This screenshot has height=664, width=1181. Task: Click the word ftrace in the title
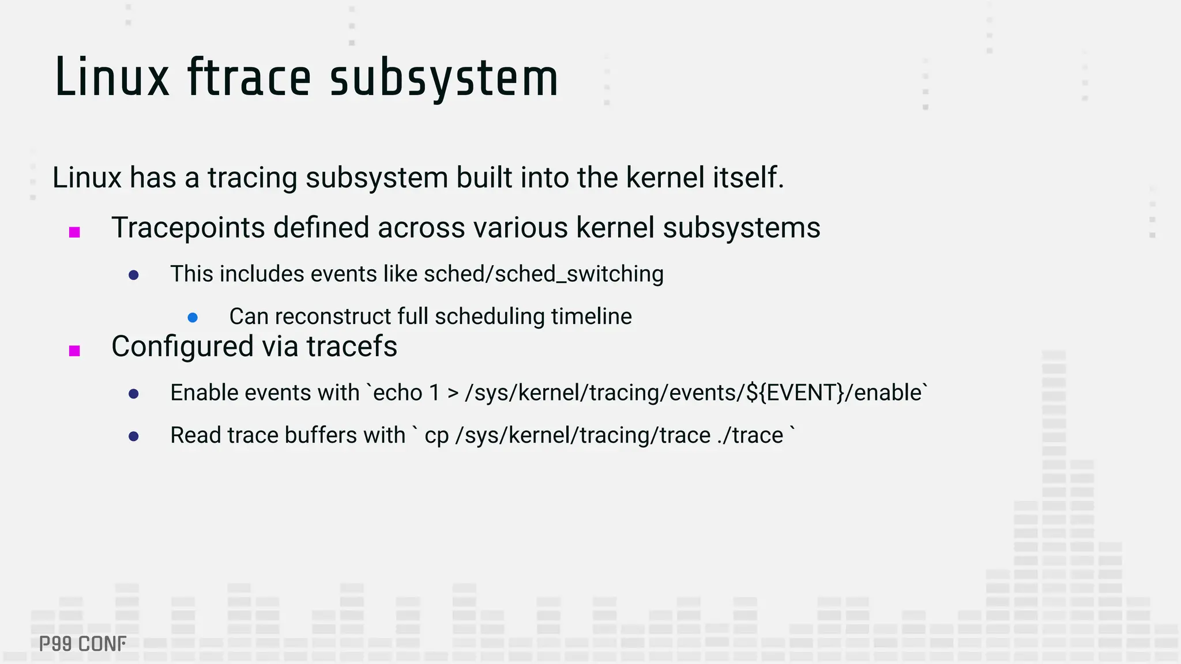tap(249, 78)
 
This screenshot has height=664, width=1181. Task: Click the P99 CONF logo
tap(82, 644)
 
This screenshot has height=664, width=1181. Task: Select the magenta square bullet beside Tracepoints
tap(74, 232)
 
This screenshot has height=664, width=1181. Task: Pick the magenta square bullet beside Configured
tap(74, 350)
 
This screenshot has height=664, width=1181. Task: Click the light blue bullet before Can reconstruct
tap(193, 318)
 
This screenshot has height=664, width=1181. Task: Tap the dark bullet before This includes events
tap(133, 276)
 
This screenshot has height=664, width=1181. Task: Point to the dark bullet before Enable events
tap(133, 394)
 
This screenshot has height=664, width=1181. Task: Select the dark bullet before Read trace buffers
tap(133, 436)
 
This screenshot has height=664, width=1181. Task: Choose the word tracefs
tap(352, 346)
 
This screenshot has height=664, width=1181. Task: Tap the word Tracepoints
tap(187, 228)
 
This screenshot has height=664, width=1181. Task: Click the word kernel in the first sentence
tap(665, 178)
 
